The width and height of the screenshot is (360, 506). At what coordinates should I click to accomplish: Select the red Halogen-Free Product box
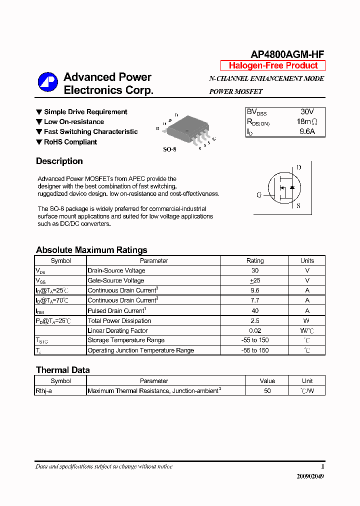(x=273, y=65)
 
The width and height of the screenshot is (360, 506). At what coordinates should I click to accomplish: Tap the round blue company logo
(x=48, y=83)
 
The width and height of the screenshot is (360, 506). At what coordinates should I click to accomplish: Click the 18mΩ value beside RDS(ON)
(x=306, y=121)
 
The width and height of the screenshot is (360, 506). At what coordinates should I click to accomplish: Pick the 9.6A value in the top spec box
(x=306, y=131)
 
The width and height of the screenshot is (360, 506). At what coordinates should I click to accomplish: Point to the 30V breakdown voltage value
(x=307, y=111)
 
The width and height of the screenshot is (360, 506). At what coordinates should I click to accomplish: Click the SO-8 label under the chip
(x=170, y=149)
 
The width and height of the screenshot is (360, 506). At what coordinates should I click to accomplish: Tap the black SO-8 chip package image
(x=186, y=129)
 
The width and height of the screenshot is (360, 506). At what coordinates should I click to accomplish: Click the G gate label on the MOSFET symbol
(x=259, y=195)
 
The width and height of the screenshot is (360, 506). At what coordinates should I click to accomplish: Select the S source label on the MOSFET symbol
(x=298, y=205)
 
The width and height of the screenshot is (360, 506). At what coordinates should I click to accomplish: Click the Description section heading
(x=59, y=161)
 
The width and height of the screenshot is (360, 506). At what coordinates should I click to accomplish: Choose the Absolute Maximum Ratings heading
(x=91, y=250)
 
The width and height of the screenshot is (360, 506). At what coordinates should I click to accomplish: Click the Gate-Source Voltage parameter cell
(x=116, y=280)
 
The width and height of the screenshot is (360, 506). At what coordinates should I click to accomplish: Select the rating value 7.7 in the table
(x=254, y=300)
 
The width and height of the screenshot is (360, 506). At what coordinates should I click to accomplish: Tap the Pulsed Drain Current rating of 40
(x=254, y=310)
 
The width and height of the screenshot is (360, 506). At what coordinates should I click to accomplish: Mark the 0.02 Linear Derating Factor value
(x=254, y=330)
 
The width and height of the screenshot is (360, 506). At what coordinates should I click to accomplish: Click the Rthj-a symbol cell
(x=43, y=391)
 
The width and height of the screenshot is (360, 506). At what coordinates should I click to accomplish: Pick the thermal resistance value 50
(x=267, y=391)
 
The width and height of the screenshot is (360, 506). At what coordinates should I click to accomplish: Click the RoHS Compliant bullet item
(x=70, y=142)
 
